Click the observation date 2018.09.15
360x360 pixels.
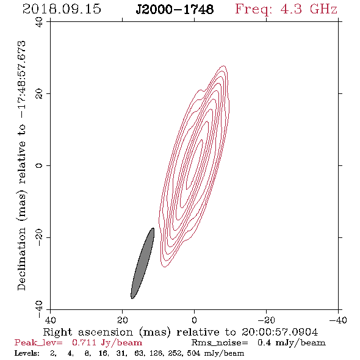[x=62, y=9]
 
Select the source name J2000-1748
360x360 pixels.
[x=175, y=10]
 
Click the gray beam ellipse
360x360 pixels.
[x=143, y=264]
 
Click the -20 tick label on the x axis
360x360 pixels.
[x=266, y=320]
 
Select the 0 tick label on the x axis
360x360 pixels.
[x=195, y=320]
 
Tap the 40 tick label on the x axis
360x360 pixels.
[x=51, y=320]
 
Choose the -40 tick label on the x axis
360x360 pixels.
[x=338, y=320]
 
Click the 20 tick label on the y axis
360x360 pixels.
[x=39, y=93]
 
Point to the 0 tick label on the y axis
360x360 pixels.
[x=39, y=165]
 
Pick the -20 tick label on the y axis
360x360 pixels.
[x=39, y=237]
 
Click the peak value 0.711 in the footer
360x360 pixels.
[x=84, y=342]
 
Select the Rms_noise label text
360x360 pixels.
[x=220, y=343]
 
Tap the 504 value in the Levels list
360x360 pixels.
[x=193, y=353]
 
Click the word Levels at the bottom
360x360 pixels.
[x=27, y=353]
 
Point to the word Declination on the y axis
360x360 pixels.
[x=21, y=259]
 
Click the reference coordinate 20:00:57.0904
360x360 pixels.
[x=279, y=332]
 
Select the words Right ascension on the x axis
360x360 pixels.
[x=88, y=332]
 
